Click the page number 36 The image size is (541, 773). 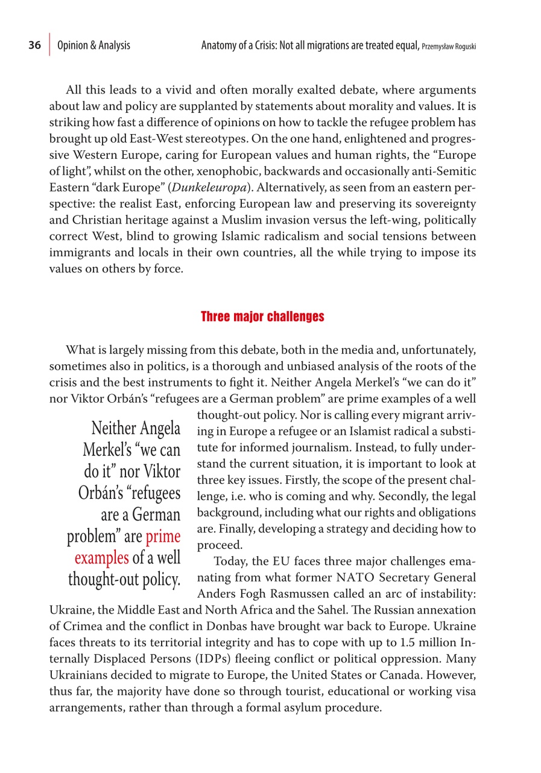[x=34, y=46]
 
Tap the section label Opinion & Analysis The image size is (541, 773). [x=93, y=46]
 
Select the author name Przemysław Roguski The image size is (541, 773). [x=449, y=47]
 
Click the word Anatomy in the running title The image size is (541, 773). [x=221, y=46]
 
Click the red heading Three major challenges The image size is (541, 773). [x=262, y=316]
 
